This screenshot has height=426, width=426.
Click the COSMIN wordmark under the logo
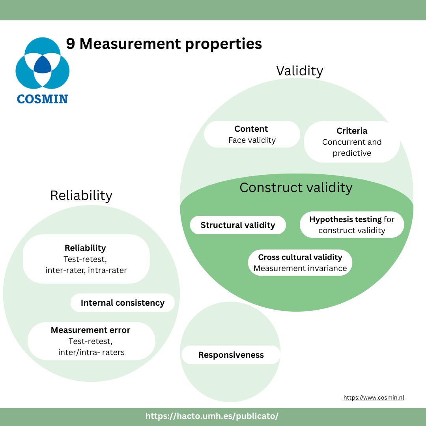pyautogui.click(x=42, y=99)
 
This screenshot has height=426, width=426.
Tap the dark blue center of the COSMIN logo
pyautogui.click(x=42, y=65)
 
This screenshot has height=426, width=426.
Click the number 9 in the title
pyautogui.click(x=70, y=43)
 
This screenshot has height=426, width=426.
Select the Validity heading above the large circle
pyautogui.click(x=300, y=71)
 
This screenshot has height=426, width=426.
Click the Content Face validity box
pyautogui.click(x=252, y=134)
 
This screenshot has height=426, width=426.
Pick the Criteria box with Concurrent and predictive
pyautogui.click(x=352, y=142)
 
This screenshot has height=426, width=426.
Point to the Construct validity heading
pyautogui.click(x=296, y=188)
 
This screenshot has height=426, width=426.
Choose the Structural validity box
pyautogui.click(x=238, y=225)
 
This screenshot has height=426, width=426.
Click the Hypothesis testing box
pyautogui.click(x=352, y=225)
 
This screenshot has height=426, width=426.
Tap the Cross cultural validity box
pyautogui.click(x=300, y=263)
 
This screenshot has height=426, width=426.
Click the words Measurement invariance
pyautogui.click(x=300, y=268)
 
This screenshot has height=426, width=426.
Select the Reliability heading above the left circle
pyautogui.click(x=81, y=196)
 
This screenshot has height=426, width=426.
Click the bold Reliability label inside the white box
pyautogui.click(x=85, y=248)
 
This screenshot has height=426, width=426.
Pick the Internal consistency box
pyautogui.click(x=123, y=303)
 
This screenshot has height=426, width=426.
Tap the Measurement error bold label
pyautogui.click(x=90, y=330)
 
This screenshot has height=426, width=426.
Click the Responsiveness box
pyautogui.click(x=231, y=355)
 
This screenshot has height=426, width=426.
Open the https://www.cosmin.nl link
pyautogui.click(x=374, y=398)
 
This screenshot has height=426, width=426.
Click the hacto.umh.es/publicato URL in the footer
pyautogui.click(x=212, y=416)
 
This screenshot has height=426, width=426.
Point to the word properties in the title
pyautogui.click(x=223, y=44)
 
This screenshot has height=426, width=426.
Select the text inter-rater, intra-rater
pyautogui.click(x=86, y=270)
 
